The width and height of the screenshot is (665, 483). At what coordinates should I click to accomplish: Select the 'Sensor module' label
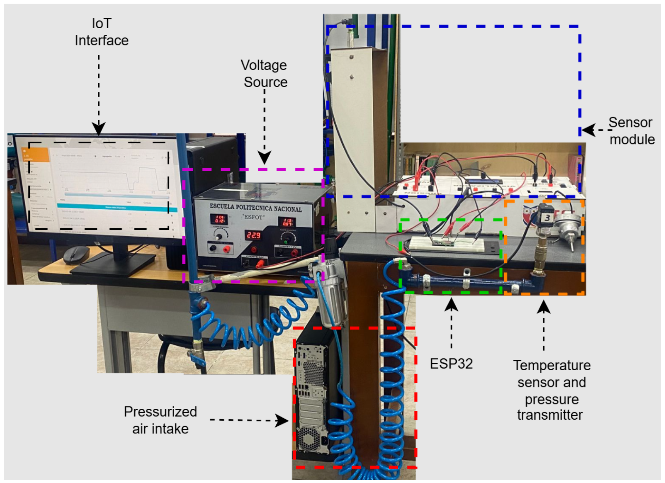pyautogui.click(x=631, y=131)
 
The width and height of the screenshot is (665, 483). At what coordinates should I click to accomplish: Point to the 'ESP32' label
pyautogui.click(x=451, y=364)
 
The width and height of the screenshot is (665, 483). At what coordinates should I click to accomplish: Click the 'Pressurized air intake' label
pyautogui.click(x=160, y=420)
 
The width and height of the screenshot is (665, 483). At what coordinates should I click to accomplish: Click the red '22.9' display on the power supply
pyautogui.click(x=253, y=235)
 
